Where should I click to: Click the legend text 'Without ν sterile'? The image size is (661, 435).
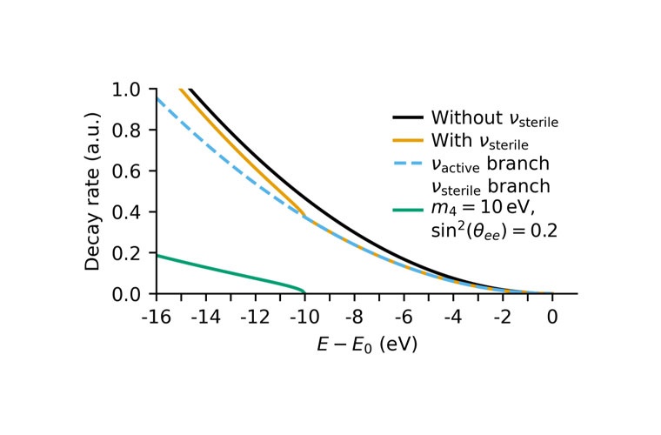[x=493, y=118]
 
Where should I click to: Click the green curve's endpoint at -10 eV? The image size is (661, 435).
[x=304, y=292]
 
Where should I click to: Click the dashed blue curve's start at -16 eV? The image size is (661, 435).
[x=157, y=97]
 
